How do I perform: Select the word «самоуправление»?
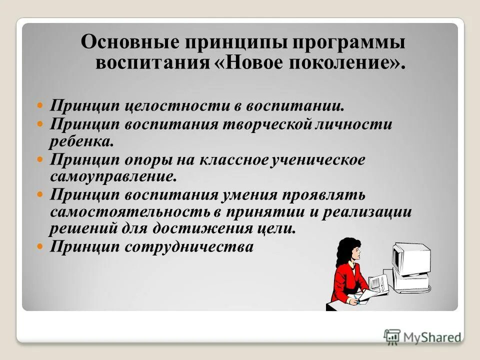point(113,176)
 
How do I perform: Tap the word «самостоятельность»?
point(130,211)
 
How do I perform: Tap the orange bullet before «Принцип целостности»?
point(41,106)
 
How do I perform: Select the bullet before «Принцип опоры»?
point(41,160)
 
